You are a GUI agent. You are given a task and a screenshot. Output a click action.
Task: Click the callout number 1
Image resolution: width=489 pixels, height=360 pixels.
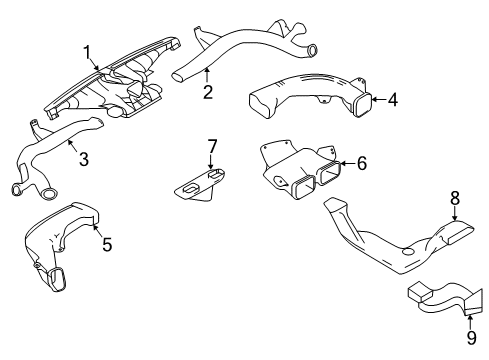coord(87,52)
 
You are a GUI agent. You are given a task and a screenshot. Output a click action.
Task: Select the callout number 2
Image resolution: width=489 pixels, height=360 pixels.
coord(207,93)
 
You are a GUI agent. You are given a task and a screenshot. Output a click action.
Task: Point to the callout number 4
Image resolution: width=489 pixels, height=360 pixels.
coord(394,100)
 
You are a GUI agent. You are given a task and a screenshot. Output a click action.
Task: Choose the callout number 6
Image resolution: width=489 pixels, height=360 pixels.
coord(363,163)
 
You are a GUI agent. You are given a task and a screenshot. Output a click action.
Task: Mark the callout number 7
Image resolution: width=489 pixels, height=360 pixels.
coord(212,147)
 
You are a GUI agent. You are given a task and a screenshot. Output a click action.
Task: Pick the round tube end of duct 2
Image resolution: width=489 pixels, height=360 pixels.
coord(311,50)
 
